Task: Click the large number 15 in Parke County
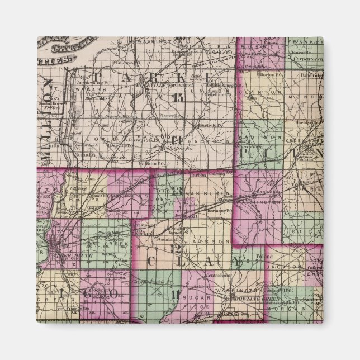point(178,97)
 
